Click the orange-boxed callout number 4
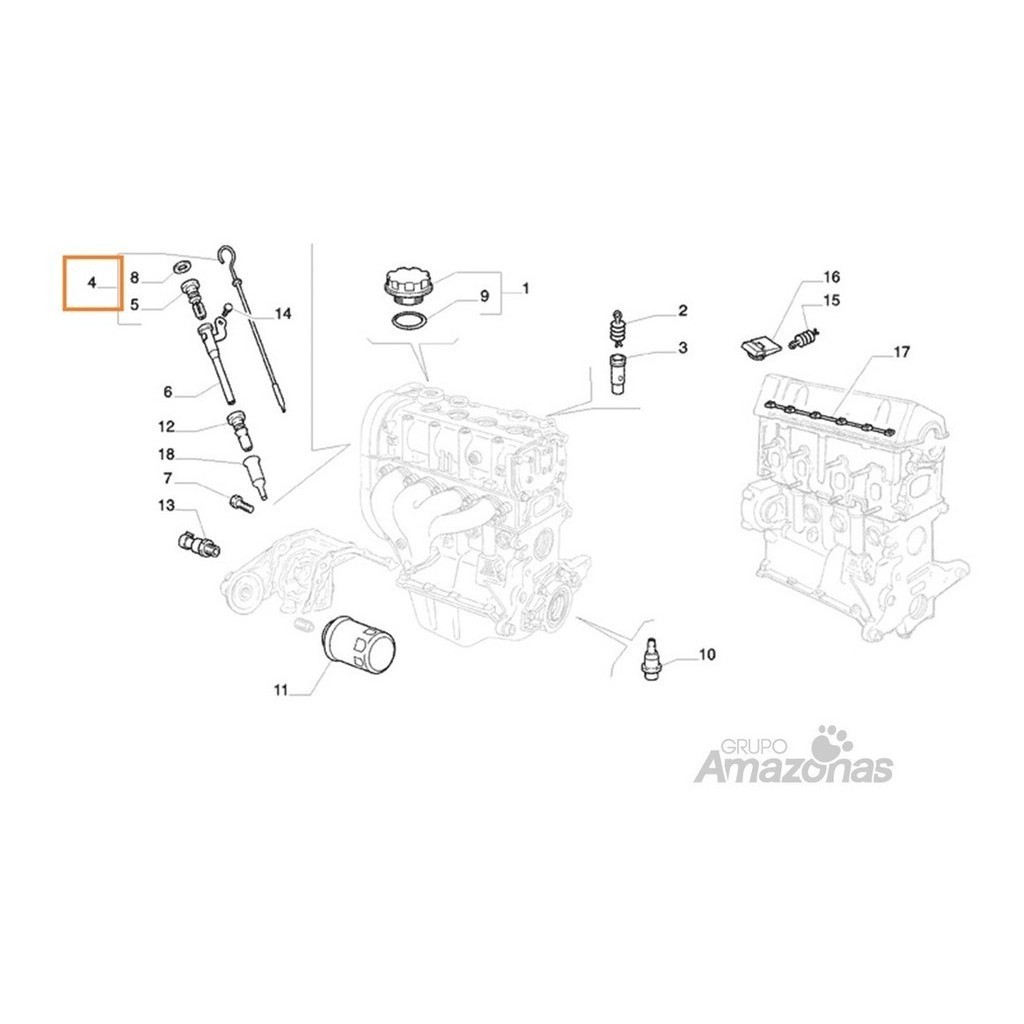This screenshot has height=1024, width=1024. click(x=91, y=282)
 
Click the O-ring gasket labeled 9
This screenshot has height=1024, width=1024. click(x=409, y=322)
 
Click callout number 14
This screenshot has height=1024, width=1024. click(x=283, y=314)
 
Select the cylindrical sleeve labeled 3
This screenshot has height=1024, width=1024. click(x=618, y=373)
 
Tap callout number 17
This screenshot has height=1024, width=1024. click(x=901, y=353)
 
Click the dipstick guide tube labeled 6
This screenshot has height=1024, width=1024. click(x=217, y=363)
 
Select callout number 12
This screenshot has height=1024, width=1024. click(x=167, y=427)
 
